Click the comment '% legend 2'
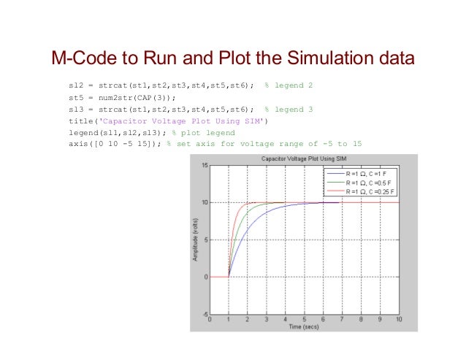(x=289, y=85)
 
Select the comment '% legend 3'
(x=289, y=109)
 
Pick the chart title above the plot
(x=305, y=158)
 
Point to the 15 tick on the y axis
(x=204, y=166)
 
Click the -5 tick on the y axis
(x=204, y=314)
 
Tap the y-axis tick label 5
(x=206, y=240)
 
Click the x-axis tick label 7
(x=343, y=320)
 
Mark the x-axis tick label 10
(x=399, y=320)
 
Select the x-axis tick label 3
(x=267, y=320)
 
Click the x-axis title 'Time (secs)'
(x=305, y=327)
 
